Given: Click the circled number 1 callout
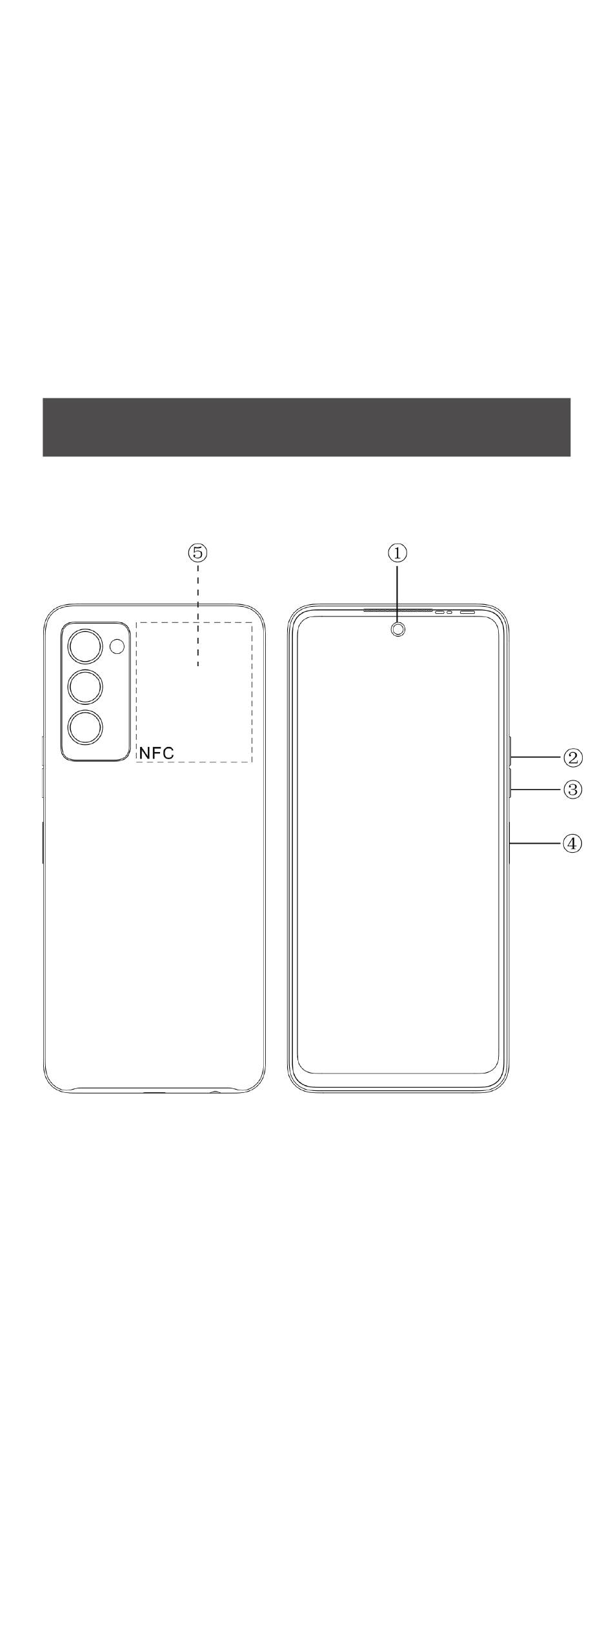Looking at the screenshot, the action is point(397,553).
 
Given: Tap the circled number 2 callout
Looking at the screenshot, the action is point(573,757).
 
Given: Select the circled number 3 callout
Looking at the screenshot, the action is point(573,789).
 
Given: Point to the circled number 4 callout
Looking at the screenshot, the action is point(573,843).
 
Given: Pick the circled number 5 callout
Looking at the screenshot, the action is point(198,553).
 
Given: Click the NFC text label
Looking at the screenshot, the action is point(157,753).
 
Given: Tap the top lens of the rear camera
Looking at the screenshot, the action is point(85,646).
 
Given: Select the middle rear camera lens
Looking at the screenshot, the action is point(85,687).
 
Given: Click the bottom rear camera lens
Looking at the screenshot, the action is point(85,728).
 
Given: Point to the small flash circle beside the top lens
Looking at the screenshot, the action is point(117,646).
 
